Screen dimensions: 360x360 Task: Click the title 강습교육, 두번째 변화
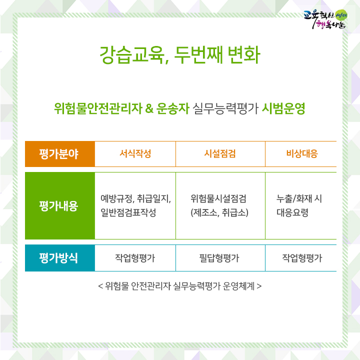[180, 54]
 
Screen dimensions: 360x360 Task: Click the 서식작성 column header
[135, 153]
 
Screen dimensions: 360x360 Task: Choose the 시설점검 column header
[220, 153]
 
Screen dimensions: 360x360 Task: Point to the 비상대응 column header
[302, 153]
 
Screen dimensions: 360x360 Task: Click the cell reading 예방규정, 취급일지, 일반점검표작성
[135, 205]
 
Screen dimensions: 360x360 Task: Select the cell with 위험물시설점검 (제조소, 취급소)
[219, 205]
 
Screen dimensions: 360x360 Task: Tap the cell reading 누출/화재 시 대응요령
[299, 205]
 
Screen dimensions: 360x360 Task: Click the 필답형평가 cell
[219, 258]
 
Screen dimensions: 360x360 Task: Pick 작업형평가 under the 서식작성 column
[135, 258]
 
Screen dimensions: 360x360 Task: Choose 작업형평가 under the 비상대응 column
[302, 258]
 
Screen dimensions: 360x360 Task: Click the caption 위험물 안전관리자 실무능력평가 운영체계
[180, 286]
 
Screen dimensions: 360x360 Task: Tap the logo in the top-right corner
[325, 19]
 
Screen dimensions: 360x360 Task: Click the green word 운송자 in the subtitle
[173, 108]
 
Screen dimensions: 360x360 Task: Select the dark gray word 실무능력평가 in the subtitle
[225, 108]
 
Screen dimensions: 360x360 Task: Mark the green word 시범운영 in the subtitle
[283, 108]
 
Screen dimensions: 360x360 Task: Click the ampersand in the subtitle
[149, 108]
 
